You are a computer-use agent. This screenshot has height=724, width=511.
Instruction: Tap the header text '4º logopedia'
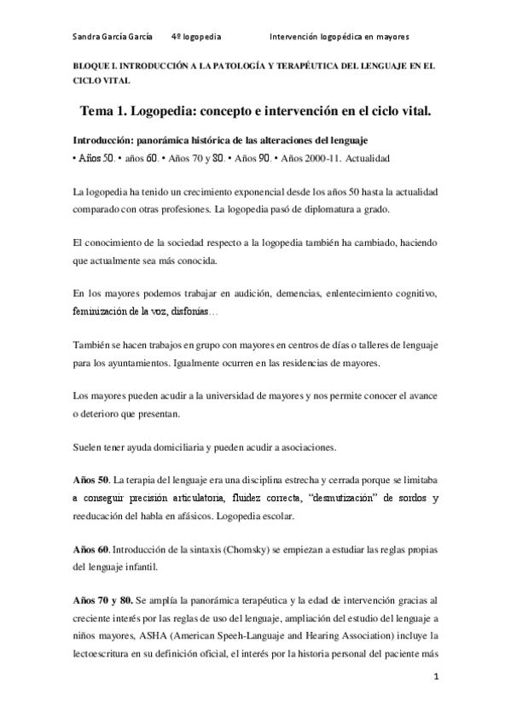[x=196, y=38]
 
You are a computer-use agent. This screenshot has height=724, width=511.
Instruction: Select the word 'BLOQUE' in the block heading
[x=90, y=66]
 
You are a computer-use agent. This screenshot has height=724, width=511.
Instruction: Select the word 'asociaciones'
[x=306, y=447]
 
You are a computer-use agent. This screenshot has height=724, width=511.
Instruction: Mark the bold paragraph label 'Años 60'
[x=90, y=547]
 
